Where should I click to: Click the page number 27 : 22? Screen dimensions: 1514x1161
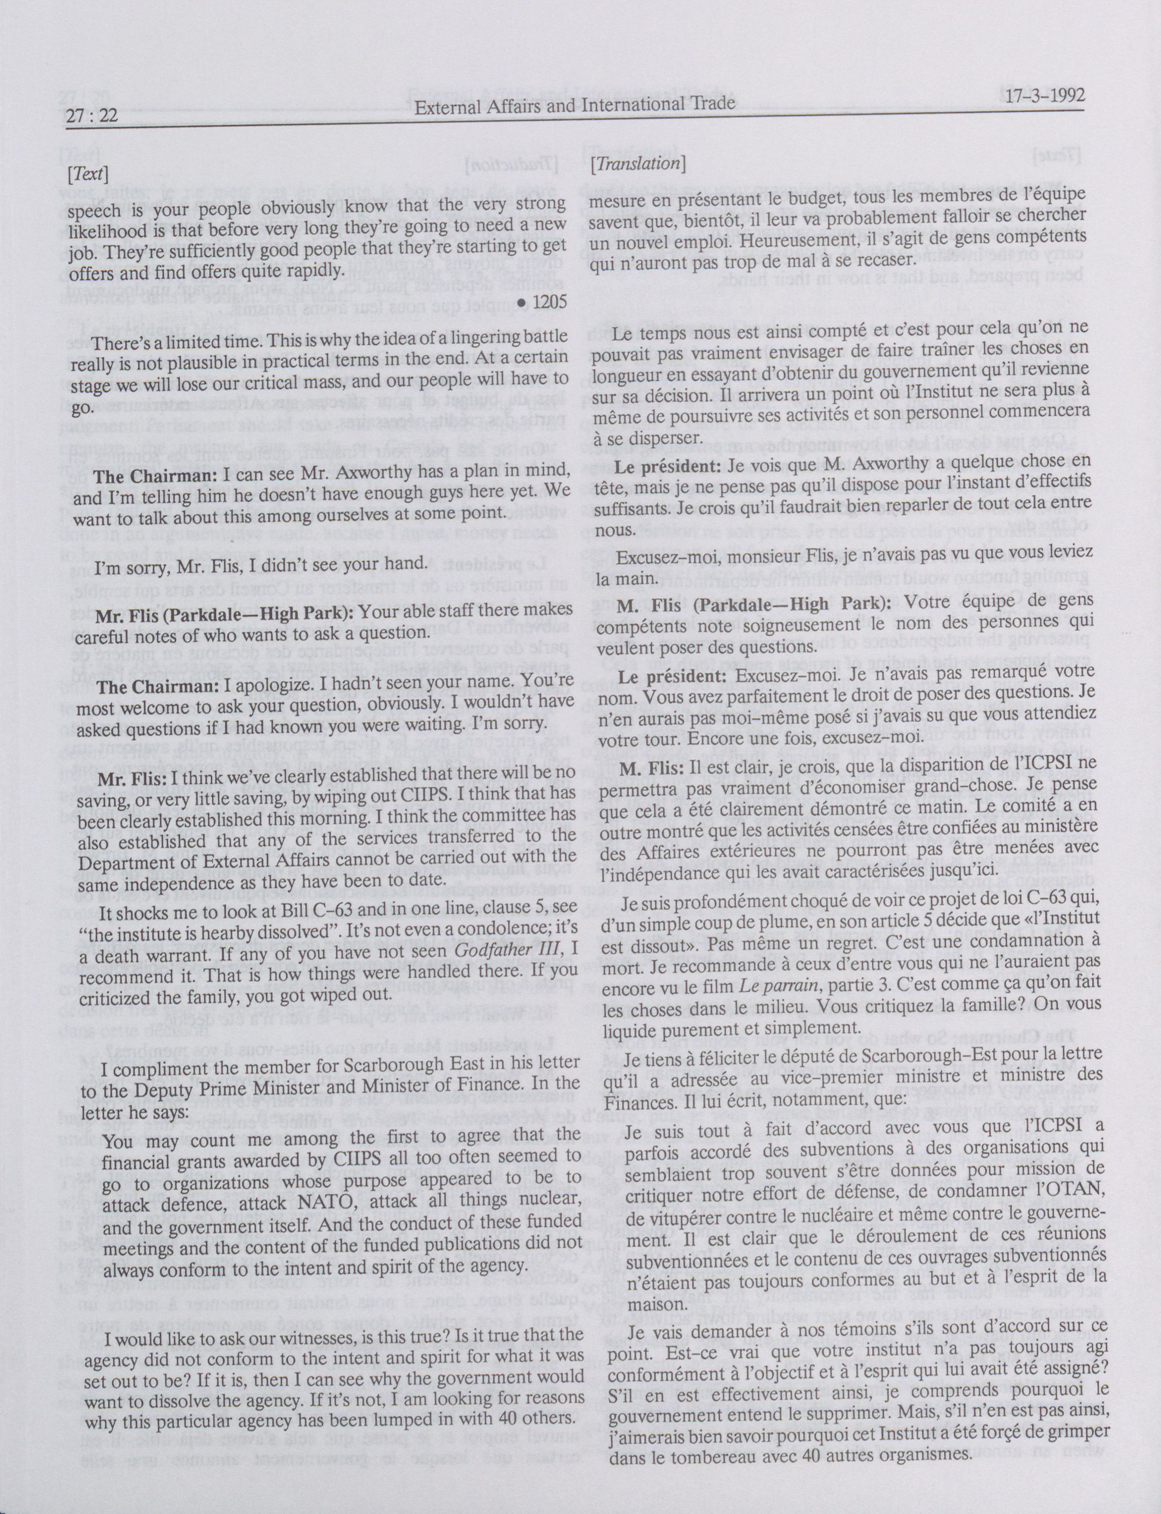pos(92,117)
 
